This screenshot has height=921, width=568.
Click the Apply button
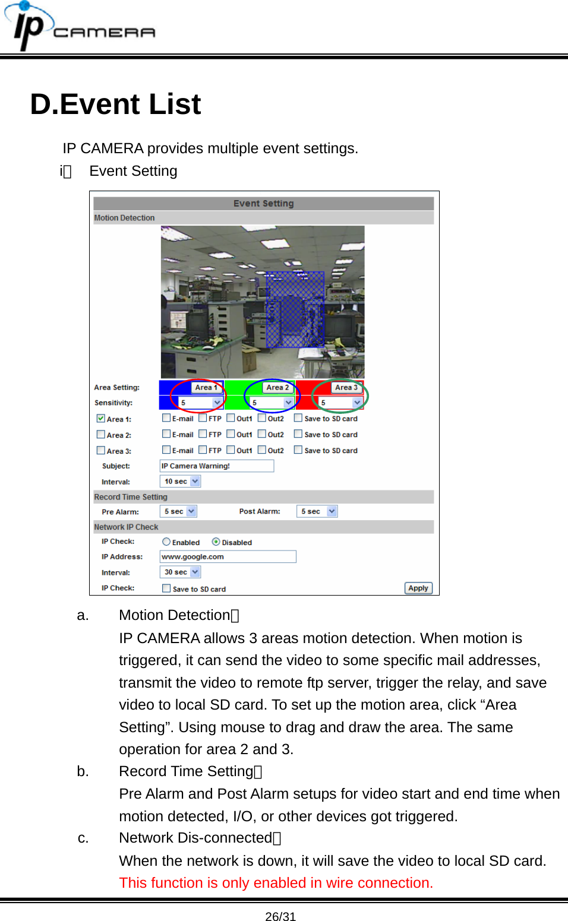(x=418, y=588)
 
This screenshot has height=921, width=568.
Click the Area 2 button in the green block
(x=277, y=387)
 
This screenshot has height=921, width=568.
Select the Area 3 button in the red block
(x=346, y=387)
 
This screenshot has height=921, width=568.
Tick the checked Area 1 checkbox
(x=101, y=419)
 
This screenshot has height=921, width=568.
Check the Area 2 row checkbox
(x=101, y=435)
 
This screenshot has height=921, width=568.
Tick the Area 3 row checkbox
(x=101, y=451)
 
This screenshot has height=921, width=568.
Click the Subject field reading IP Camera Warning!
(x=216, y=466)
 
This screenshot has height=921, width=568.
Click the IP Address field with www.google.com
(x=228, y=556)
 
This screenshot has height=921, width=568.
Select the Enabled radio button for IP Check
(x=166, y=542)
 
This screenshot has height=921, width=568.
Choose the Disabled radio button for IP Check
(x=216, y=542)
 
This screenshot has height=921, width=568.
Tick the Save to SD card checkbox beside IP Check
(x=166, y=588)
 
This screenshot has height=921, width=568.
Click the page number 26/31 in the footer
(x=280, y=916)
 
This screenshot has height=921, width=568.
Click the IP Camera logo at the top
(x=80, y=27)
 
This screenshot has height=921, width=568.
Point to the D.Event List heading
(x=116, y=105)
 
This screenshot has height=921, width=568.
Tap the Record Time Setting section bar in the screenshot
(x=263, y=497)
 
